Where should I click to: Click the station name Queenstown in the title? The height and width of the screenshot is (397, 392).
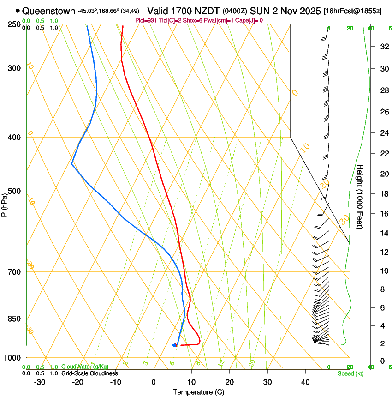[48, 10]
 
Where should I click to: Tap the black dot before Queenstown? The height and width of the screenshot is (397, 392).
[18, 11]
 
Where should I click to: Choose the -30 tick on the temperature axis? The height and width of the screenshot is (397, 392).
[40, 382]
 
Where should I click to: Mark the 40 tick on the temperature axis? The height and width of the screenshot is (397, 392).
[305, 382]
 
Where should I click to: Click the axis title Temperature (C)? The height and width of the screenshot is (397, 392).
[198, 392]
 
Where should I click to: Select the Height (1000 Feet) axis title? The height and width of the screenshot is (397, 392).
[360, 196]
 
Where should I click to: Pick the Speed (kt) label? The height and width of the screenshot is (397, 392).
[350, 373]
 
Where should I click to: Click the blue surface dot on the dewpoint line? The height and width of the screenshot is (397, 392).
[174, 345]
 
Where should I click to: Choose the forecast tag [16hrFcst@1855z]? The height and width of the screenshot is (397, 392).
[352, 11]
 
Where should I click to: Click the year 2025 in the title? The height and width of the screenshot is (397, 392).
[307, 10]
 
